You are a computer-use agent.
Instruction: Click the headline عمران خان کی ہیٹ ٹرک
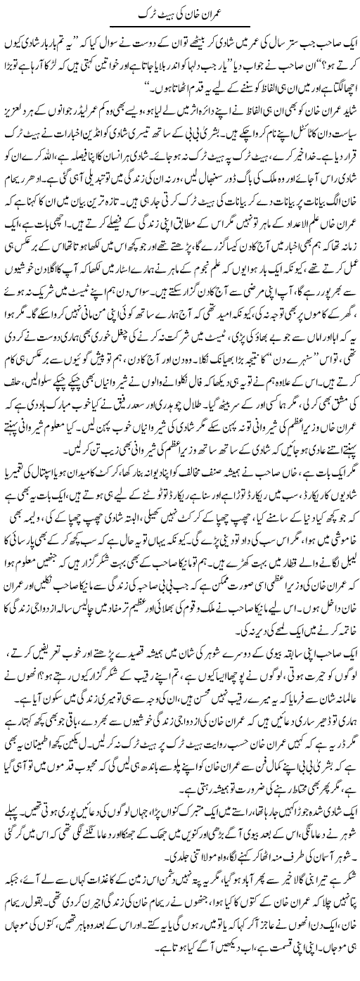pyautogui.click(x=180, y=13)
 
